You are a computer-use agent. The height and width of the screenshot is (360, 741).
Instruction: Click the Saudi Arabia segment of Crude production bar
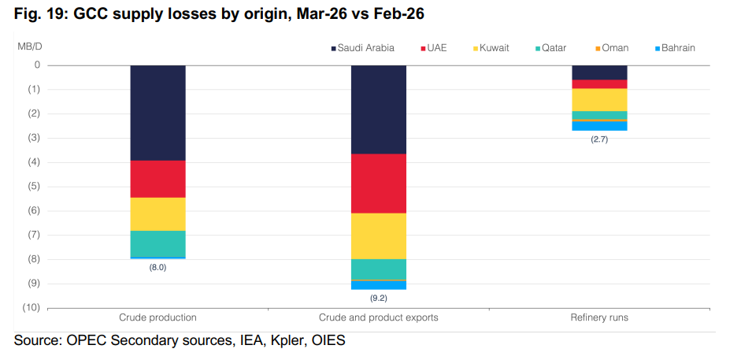point(157,113)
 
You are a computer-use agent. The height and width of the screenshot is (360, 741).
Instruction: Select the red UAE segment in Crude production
point(157,179)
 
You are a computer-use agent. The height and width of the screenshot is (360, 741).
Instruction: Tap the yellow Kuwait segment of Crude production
point(157,214)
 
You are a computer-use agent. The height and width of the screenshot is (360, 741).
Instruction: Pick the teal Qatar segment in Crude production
point(157,243)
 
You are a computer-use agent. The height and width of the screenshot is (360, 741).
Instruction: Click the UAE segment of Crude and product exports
point(379,184)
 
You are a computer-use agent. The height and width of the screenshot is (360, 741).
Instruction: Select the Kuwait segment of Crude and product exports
point(379,236)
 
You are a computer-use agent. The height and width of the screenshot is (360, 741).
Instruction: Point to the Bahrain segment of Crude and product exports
point(379,285)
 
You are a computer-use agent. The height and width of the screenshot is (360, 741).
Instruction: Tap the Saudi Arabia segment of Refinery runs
point(599,72)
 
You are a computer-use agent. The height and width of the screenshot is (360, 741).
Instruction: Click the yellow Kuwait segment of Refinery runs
point(599,100)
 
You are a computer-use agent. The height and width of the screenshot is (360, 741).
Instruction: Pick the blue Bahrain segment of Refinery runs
point(599,126)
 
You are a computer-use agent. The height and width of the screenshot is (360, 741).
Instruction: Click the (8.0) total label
point(157,267)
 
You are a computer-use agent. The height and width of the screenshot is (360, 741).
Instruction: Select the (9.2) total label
point(379,298)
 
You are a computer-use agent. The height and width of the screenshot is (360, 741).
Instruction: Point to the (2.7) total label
point(599,139)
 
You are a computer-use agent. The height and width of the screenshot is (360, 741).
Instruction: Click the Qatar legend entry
point(550,48)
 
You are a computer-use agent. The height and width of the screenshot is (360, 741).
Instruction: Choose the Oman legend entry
point(612,48)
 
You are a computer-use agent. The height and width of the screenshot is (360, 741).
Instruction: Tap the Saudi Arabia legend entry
point(362,48)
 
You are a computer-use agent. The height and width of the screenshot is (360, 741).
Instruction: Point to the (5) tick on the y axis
point(35,187)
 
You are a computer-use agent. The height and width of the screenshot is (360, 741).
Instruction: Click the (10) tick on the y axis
point(32,308)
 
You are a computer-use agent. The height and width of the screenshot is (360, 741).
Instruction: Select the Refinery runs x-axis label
point(599,317)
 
